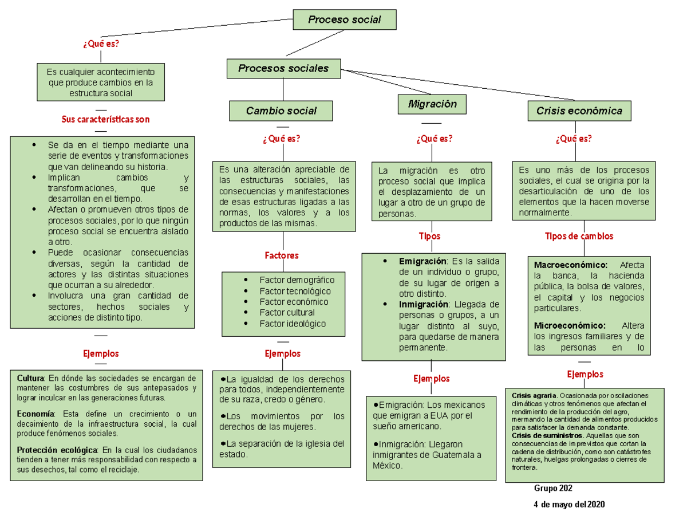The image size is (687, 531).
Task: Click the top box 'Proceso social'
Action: pyautogui.click(x=344, y=19)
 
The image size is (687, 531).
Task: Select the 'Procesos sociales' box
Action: pyautogui.click(x=283, y=68)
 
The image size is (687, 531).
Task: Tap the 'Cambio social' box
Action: pyautogui.click(x=281, y=111)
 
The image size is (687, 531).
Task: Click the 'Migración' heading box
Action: pyautogui.click(x=432, y=104)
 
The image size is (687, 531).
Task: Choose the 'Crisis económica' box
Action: pyautogui.click(x=579, y=111)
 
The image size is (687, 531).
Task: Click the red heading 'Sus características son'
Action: pyautogui.click(x=105, y=120)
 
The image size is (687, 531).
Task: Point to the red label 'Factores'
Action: pyautogui.click(x=281, y=255)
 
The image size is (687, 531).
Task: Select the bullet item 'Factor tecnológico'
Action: pyautogui.click(x=295, y=291)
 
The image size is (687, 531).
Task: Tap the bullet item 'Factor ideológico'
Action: pyautogui.click(x=292, y=324)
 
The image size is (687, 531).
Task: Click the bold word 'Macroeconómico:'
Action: pyautogui.click(x=570, y=265)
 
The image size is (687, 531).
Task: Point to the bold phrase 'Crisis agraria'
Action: pyautogui.click(x=534, y=396)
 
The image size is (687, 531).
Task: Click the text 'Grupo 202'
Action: pyautogui.click(x=553, y=488)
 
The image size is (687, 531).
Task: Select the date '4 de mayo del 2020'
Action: pyautogui.click(x=568, y=505)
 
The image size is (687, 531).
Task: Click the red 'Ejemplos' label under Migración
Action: pyautogui.click(x=431, y=379)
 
